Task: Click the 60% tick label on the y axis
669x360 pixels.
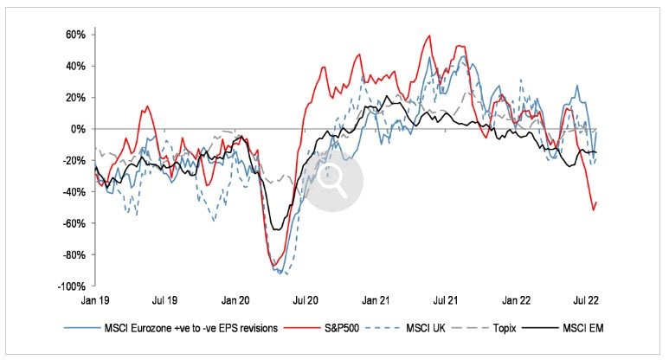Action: click(73, 35)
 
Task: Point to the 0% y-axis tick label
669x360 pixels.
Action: click(76, 129)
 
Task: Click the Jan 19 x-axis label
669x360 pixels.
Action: click(94, 300)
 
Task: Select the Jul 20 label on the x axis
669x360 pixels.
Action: click(306, 300)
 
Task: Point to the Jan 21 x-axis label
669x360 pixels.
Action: click(376, 300)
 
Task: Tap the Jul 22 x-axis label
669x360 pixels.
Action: click(588, 300)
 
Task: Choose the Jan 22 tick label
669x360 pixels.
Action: click(518, 300)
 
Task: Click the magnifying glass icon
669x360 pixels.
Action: click(331, 177)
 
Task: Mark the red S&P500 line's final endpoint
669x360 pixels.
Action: click(596, 202)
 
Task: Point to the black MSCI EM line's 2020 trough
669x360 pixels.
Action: click(275, 229)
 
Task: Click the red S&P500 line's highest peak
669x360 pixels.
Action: click(429, 36)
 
